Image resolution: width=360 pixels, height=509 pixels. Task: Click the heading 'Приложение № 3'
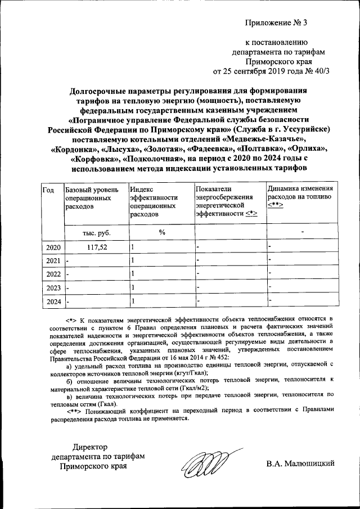pyautogui.click(x=277, y=23)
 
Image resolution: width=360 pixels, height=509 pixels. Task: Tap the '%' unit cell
pyautogui.click(x=161, y=232)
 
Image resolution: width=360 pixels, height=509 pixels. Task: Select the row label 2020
pyautogui.click(x=52, y=247)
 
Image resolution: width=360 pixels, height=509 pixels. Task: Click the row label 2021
pyautogui.click(x=52, y=260)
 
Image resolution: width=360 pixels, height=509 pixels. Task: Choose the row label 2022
pyautogui.click(x=52, y=274)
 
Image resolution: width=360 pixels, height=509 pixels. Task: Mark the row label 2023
pyautogui.click(x=52, y=287)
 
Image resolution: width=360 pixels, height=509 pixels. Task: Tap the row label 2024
pyautogui.click(x=52, y=301)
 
